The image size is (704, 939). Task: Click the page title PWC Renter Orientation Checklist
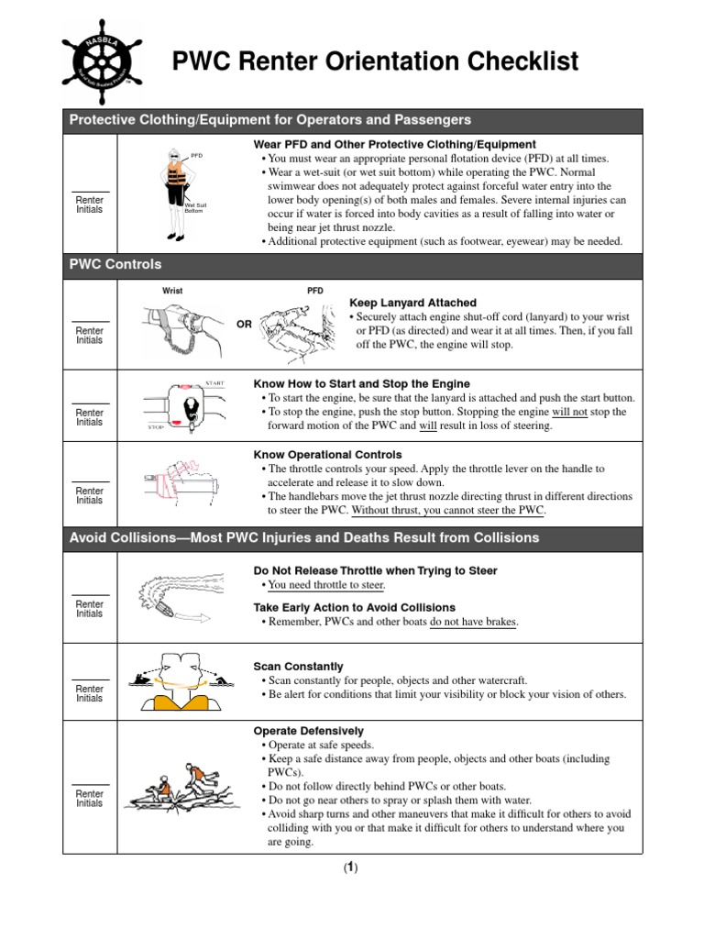tap(376, 62)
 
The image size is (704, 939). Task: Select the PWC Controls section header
tap(115, 264)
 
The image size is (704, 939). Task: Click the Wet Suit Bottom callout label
tap(195, 208)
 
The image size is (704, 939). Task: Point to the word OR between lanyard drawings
tap(245, 324)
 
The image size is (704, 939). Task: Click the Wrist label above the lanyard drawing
tap(172, 291)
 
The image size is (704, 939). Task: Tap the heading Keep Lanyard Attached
tap(412, 303)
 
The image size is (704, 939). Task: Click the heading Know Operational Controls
tap(327, 454)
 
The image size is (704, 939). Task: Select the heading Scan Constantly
tap(298, 666)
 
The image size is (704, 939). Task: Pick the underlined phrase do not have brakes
tap(471, 622)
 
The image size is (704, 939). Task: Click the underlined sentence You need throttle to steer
tap(326, 585)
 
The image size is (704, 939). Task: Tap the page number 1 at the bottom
tap(351, 868)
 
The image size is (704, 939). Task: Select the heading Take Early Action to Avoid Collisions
tap(354, 607)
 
